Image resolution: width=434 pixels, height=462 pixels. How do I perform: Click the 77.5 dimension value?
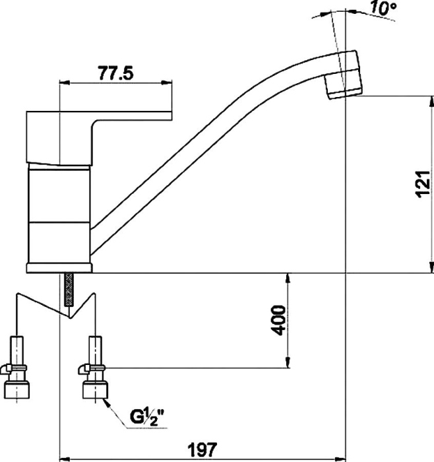point(116,73)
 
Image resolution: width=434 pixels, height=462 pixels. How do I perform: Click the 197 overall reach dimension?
point(202,451)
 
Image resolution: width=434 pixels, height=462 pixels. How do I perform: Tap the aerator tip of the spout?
point(344,76)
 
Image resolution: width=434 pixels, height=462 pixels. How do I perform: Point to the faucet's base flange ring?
point(59,267)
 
